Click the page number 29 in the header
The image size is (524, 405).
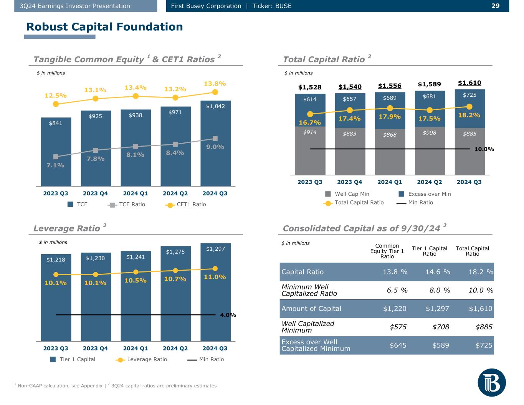495,6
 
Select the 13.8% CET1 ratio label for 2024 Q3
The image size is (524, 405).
215,83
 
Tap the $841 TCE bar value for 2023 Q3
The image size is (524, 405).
56,123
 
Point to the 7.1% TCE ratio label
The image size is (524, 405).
56,165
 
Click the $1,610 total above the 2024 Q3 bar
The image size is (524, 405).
469,83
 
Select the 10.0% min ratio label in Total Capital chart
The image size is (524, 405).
484,149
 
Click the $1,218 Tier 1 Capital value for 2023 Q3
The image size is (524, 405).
56,260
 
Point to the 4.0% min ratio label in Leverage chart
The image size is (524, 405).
228,315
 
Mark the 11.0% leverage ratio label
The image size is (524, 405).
215,277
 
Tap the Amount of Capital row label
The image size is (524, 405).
311,309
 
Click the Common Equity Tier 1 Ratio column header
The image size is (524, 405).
387,251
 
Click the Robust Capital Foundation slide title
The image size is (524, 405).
104,27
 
